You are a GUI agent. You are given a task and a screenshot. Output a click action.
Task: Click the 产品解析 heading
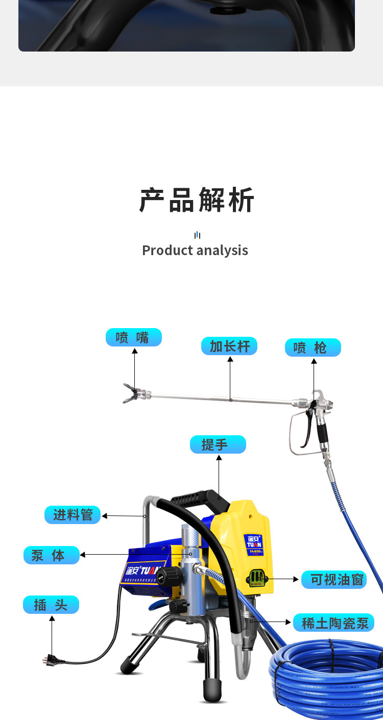coord(197,200)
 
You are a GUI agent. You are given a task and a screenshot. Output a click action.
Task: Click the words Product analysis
coord(195,251)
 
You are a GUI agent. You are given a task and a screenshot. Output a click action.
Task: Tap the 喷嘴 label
coord(133,337)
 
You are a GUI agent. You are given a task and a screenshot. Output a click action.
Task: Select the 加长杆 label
coord(229,346)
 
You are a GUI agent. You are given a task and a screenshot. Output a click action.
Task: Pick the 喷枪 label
coord(313,347)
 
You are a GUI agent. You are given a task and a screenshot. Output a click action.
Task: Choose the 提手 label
coord(218,444)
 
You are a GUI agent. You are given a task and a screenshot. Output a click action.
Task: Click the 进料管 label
coord(73,515)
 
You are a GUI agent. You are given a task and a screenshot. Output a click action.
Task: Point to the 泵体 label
coord(52,555)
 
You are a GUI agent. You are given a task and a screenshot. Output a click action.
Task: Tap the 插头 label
coord(51,605)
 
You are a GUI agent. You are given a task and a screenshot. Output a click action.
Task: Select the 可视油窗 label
coord(334,580)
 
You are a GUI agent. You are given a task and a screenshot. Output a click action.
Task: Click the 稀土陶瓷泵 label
coord(334,623)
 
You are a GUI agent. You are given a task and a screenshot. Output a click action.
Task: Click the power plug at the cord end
coord(50,660)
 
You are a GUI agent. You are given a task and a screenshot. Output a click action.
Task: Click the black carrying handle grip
coord(197,495)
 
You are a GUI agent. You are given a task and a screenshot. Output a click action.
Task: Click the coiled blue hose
coord(327,674)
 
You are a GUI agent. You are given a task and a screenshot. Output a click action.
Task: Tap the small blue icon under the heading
coord(197,235)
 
